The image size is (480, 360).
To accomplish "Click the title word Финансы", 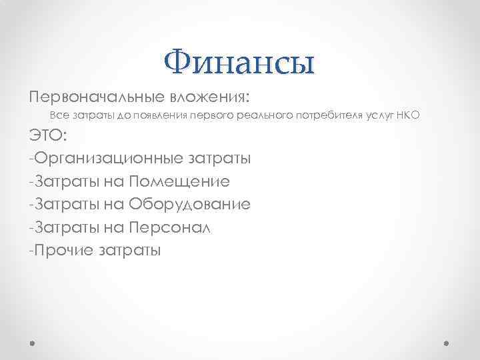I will (239, 64).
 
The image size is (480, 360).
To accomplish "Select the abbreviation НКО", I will (409, 116).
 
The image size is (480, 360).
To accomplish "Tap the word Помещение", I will (180, 181).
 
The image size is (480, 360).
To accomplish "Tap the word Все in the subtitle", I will (59, 116).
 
